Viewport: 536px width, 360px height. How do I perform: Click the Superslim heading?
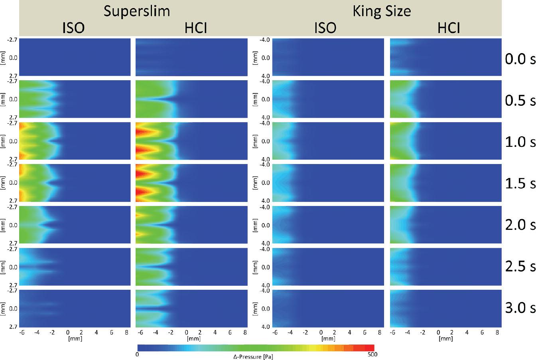(137, 12)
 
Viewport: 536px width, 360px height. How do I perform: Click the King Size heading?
(382, 12)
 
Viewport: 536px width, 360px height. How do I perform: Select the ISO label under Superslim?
(73, 28)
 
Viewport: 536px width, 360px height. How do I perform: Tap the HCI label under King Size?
(449, 28)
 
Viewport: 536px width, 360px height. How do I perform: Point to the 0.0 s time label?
(520, 59)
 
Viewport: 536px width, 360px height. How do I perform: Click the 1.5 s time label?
(520, 183)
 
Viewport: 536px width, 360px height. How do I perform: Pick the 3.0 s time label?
(520, 308)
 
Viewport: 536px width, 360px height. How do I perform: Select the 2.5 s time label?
(520, 266)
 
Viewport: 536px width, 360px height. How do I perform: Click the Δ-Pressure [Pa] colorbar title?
(253, 357)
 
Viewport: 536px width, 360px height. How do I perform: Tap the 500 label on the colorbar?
(372, 354)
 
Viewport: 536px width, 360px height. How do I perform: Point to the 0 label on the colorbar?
(137, 354)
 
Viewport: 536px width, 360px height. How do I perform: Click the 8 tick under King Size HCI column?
(497, 332)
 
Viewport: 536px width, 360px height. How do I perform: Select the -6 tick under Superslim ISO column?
(22, 332)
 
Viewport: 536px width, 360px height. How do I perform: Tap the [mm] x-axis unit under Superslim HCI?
(194, 339)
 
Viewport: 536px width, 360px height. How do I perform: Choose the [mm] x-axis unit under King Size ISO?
(328, 339)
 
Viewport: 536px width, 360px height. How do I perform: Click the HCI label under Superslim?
(196, 28)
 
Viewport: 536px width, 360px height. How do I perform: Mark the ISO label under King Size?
(325, 28)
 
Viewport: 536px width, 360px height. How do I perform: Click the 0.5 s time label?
(520, 100)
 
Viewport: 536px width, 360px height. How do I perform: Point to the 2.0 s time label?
(520, 225)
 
